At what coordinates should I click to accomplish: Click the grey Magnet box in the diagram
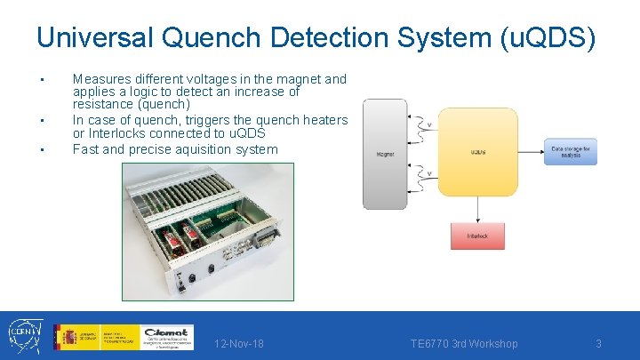click(385, 154)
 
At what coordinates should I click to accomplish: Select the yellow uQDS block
click(477, 152)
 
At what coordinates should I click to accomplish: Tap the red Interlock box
click(477, 236)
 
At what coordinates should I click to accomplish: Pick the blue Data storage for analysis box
click(572, 152)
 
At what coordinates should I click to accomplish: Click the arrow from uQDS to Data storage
click(530, 152)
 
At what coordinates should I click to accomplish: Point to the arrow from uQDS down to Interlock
click(477, 210)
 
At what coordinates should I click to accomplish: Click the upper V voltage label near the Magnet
click(431, 124)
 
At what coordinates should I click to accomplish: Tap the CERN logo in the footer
click(23, 336)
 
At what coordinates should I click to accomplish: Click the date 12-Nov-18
click(239, 344)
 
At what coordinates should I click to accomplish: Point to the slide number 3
click(599, 344)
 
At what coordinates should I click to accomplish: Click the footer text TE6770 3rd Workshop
click(463, 344)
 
